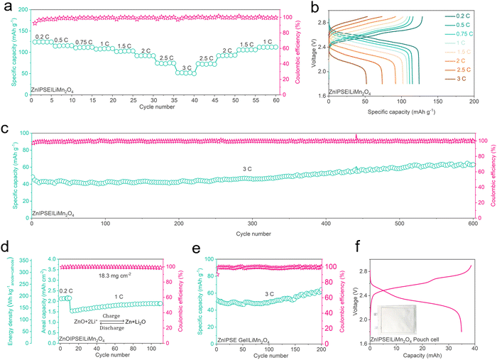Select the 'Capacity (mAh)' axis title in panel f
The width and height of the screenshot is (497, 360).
pos(417,355)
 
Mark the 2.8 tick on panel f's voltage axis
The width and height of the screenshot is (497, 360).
pos(355,271)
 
